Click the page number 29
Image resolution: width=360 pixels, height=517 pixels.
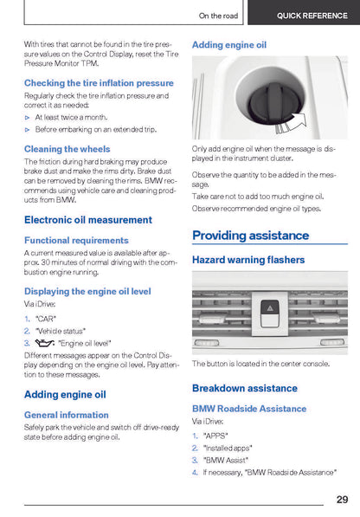coord(342,499)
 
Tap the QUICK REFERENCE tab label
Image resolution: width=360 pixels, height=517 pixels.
coord(312,16)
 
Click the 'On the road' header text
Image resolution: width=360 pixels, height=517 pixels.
coord(218,16)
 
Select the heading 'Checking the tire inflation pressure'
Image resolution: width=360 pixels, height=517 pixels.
coord(99,83)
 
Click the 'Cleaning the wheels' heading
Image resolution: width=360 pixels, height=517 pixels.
coord(67,149)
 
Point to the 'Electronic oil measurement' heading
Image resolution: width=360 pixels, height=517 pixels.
coord(88,220)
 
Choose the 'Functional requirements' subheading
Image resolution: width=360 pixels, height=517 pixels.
coord(76,241)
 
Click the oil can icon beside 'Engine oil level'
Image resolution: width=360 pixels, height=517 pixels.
coord(45,343)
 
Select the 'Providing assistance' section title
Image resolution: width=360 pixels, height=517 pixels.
coord(251,236)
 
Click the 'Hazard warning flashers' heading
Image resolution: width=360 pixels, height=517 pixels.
coord(248,260)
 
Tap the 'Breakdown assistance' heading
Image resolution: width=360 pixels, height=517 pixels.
coord(245,388)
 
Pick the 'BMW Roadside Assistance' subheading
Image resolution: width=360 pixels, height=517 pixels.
coord(249,409)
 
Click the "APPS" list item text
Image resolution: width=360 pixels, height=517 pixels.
coord(215,436)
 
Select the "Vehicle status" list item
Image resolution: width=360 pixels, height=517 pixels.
coord(61,331)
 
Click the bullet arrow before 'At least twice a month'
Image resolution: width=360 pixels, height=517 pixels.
coord(28,118)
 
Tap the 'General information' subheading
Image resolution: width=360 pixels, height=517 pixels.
coord(67,415)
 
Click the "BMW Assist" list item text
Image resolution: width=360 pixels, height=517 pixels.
coord(226,461)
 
